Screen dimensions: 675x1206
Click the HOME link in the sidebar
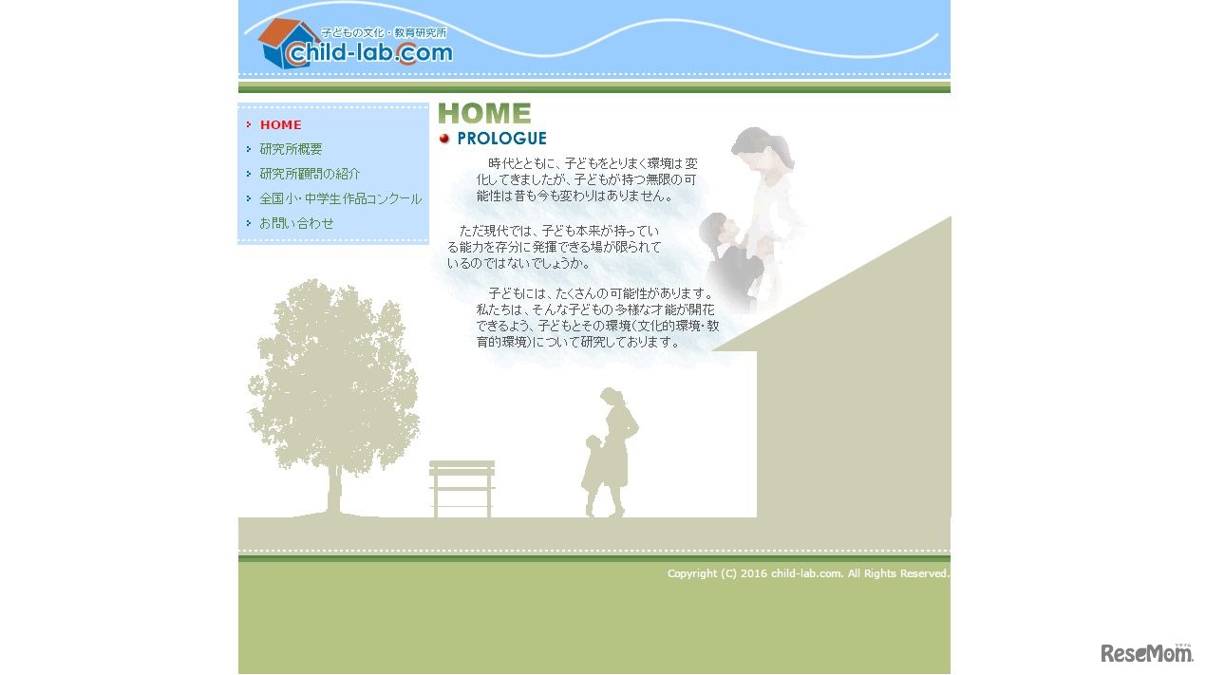click(280, 124)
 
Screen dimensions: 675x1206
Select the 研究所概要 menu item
click(291, 149)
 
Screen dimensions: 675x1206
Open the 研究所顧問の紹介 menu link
click(310, 174)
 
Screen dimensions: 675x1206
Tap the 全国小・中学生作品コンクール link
click(340, 198)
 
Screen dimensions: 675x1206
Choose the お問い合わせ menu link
click(296, 223)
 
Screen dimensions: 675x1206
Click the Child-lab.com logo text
click(370, 53)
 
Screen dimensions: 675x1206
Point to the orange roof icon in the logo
click(284, 33)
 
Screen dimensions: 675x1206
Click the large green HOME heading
click(484, 114)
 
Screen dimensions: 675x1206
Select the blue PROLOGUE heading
click(501, 139)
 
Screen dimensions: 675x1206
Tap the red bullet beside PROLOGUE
click(444, 139)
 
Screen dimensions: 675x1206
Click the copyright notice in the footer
click(807, 573)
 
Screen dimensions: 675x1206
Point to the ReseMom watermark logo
click(1146, 652)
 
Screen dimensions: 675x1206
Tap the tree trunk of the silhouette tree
click(334, 489)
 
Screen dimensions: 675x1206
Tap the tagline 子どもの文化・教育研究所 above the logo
click(383, 32)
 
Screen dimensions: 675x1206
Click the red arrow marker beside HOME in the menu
click(249, 124)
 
